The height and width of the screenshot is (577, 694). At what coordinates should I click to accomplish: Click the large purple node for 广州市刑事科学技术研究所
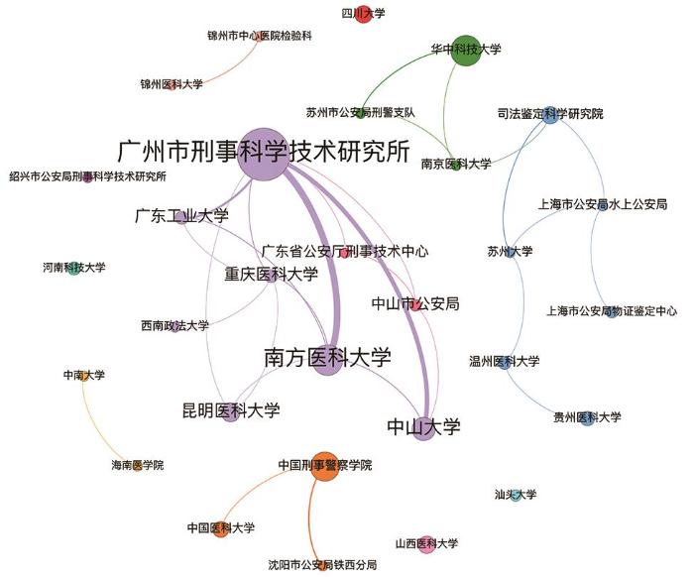[264, 155]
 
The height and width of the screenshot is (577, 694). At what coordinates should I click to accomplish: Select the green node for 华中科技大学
[466, 50]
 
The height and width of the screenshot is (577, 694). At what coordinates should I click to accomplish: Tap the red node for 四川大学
[363, 14]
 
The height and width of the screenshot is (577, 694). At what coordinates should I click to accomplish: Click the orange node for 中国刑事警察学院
[325, 466]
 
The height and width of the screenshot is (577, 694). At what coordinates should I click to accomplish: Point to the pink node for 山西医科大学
[426, 544]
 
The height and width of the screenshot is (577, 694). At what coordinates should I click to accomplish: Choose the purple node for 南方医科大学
[328, 360]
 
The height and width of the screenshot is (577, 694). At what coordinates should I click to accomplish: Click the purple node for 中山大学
[423, 428]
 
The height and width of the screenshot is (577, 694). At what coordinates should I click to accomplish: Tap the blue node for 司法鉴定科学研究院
[550, 115]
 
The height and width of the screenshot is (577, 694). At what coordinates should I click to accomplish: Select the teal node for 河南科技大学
[74, 268]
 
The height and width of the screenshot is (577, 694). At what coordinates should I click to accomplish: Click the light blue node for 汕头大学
[515, 496]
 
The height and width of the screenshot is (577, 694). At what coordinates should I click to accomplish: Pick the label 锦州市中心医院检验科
[260, 36]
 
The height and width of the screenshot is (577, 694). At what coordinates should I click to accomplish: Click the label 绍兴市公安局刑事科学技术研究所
[87, 176]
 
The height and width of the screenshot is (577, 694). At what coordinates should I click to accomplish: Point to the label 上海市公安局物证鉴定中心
[612, 311]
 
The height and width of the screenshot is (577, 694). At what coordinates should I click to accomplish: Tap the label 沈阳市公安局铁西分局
[322, 565]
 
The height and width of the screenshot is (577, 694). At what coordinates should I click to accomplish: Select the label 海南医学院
[137, 465]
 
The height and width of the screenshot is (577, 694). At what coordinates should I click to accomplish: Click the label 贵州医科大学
[587, 417]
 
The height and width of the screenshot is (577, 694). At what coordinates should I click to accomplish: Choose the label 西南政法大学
[174, 326]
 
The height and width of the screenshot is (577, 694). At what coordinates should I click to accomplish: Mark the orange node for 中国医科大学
[221, 529]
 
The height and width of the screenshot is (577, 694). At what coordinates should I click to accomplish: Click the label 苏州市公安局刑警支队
[361, 113]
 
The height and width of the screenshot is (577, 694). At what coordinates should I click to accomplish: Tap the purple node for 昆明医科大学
[231, 412]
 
